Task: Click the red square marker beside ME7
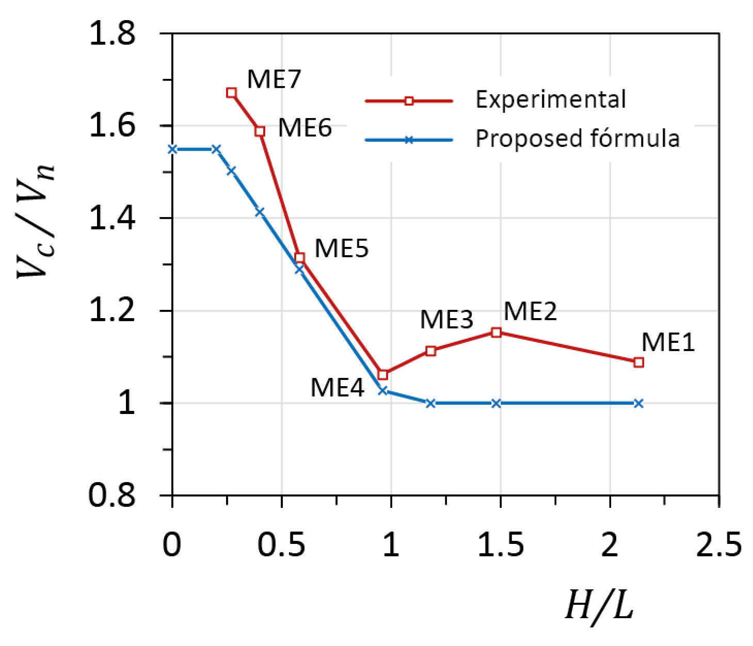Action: (231, 93)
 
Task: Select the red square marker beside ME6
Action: (260, 131)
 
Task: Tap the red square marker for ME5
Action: (299, 257)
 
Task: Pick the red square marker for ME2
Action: (496, 333)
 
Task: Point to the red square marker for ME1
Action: (638, 362)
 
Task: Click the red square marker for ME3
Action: (430, 351)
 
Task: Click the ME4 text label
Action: (337, 387)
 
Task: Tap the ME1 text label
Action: (668, 342)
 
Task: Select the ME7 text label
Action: (274, 79)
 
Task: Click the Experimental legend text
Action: (551, 100)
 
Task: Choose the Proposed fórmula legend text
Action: (577, 139)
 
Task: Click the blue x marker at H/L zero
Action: (173, 150)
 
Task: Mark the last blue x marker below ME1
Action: (638, 403)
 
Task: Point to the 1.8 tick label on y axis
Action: (113, 34)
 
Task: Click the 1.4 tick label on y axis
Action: (113, 218)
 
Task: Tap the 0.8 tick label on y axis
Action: (113, 495)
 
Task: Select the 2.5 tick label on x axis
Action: (718, 544)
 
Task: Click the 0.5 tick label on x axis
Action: (281, 544)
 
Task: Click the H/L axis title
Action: (599, 605)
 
